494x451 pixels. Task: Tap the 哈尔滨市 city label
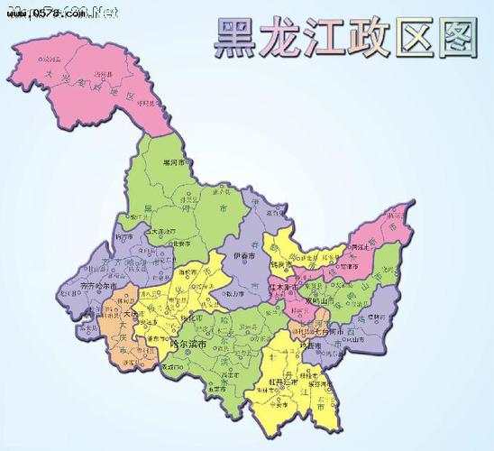(188, 345)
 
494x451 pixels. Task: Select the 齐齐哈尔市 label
(99, 286)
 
